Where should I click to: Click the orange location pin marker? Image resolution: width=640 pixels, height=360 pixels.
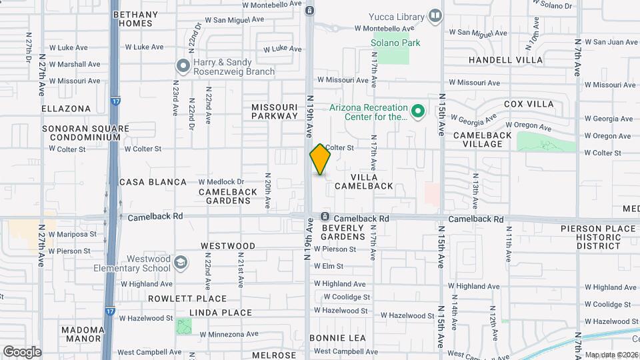coord(321,159)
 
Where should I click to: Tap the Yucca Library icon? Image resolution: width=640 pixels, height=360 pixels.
coord(435,15)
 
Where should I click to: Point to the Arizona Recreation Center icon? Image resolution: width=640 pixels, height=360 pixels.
coord(418,111)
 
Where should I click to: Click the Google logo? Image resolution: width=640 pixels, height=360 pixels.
coord(22,351)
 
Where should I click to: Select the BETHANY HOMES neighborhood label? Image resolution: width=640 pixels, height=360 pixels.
coord(133,19)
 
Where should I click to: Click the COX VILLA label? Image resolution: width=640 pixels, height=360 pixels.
coord(529,104)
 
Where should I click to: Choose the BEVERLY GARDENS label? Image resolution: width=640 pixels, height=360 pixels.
coord(343,232)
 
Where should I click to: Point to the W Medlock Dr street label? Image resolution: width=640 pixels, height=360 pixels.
coord(221,181)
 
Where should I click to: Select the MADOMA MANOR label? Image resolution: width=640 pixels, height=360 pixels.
coord(83,335)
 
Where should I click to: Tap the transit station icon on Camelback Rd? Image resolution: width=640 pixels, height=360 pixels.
coord(325,217)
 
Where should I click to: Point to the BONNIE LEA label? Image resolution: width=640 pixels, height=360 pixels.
coord(337,338)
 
